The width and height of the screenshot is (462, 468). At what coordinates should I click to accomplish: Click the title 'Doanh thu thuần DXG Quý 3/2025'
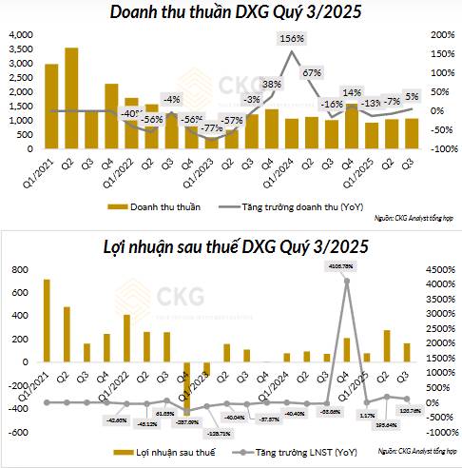tap(230, 12)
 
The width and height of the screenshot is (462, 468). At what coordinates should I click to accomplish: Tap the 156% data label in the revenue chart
tap(292, 39)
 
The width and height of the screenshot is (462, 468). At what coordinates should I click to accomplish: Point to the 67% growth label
tap(310, 72)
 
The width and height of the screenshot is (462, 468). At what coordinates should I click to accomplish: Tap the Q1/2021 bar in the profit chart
tap(47, 321)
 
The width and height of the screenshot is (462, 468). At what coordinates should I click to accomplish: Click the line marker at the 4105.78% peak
tap(347, 281)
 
